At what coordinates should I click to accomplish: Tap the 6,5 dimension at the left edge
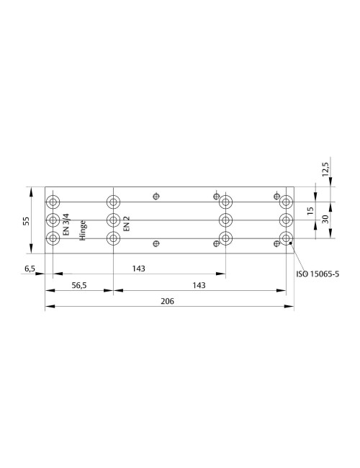click(x=30, y=268)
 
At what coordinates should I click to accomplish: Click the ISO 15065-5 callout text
click(x=318, y=274)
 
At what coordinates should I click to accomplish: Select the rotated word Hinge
click(x=83, y=229)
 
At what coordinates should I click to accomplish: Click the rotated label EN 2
click(x=127, y=222)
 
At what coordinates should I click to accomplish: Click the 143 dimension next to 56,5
click(x=199, y=286)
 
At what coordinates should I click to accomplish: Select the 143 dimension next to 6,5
click(x=139, y=268)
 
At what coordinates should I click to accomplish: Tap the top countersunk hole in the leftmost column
click(x=53, y=201)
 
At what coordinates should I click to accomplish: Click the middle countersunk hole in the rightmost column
click(x=286, y=220)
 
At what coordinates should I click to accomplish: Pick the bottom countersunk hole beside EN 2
click(x=112, y=238)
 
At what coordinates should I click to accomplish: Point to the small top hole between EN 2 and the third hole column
click(x=156, y=195)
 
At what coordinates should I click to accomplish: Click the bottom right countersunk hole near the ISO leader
click(x=286, y=238)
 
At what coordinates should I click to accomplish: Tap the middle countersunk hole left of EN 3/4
click(x=53, y=220)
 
